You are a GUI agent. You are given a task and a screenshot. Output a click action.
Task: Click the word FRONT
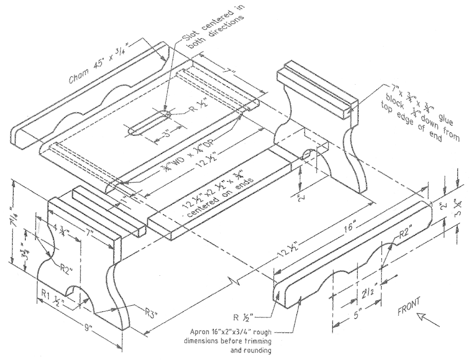point(409,305)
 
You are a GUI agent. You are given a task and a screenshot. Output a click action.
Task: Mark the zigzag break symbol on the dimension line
point(232,280)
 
